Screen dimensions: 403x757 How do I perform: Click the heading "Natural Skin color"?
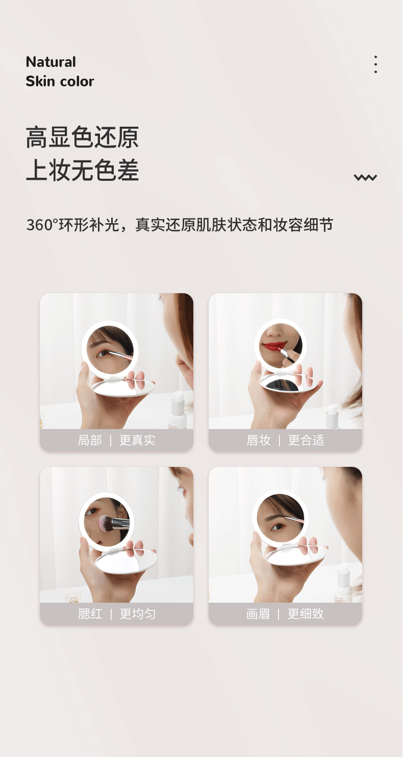[60, 72]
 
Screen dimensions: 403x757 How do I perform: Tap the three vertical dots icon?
[375, 64]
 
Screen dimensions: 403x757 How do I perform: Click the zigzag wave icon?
[365, 177]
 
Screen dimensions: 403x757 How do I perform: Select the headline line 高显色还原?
[82, 137]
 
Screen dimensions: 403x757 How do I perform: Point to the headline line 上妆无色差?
[82, 170]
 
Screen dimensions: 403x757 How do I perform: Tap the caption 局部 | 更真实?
[116, 440]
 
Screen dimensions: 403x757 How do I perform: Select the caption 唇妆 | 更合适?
[285, 440]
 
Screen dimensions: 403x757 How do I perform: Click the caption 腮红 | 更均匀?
[116, 613]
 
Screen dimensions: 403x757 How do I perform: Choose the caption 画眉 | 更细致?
[285, 613]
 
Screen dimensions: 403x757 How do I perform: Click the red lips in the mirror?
[274, 346]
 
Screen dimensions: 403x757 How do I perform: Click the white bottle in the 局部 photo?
[179, 410]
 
